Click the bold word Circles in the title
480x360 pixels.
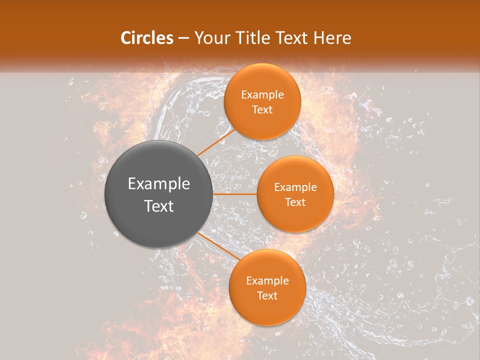click(x=147, y=38)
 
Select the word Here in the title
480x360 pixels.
click(x=332, y=38)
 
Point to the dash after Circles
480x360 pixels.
click(x=183, y=38)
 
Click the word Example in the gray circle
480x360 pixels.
click(x=159, y=184)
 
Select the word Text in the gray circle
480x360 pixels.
click(x=159, y=206)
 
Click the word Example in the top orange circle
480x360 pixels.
click(x=262, y=95)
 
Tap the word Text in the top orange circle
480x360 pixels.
click(x=262, y=110)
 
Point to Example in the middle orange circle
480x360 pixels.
click(x=295, y=187)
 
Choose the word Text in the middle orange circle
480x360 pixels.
click(x=295, y=202)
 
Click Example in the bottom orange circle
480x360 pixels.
click(x=267, y=281)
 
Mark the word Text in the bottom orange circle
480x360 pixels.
click(x=267, y=296)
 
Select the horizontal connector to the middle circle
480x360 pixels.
click(x=235, y=194)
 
